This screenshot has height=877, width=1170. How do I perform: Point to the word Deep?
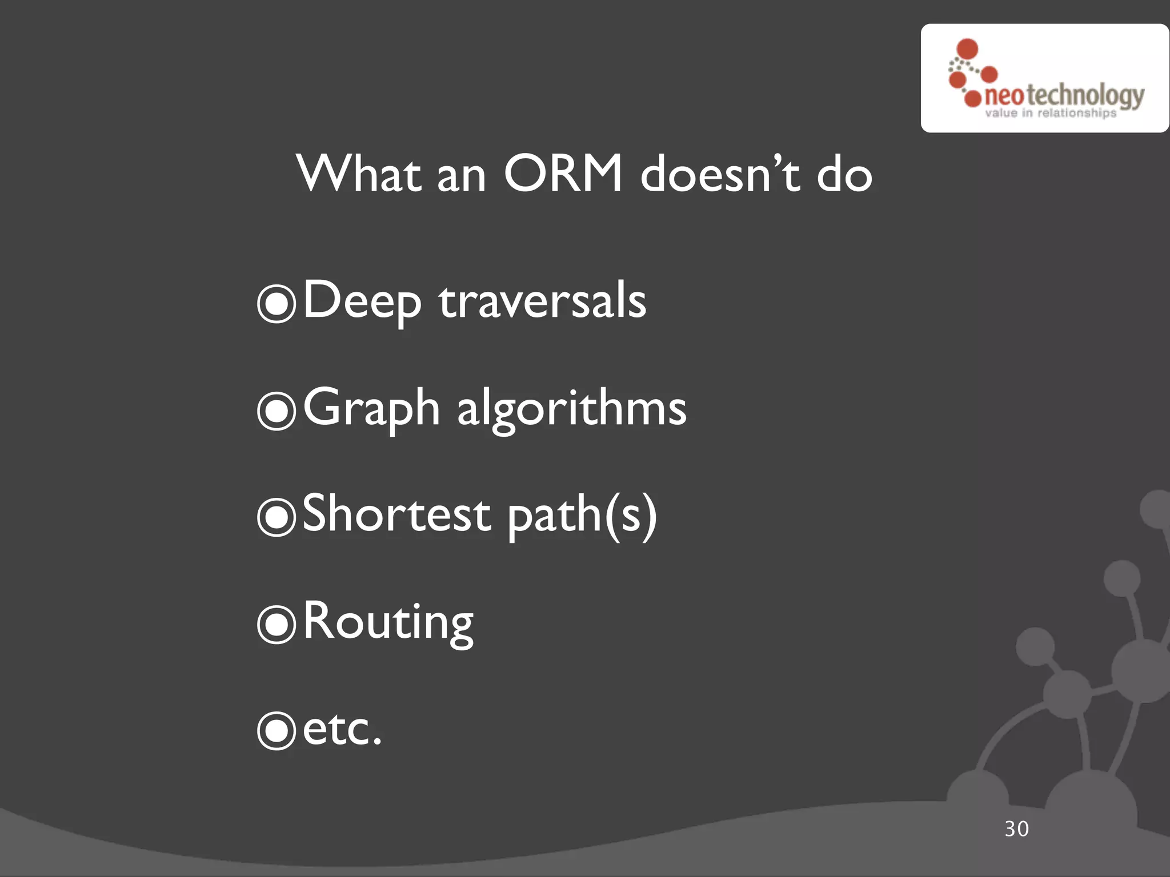[x=362, y=301]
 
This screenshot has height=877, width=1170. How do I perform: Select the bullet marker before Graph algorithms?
[x=277, y=411]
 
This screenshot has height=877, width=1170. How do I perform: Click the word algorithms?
[x=571, y=410]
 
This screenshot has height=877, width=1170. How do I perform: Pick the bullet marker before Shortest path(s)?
[x=277, y=517]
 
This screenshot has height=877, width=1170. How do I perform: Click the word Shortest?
[x=396, y=514]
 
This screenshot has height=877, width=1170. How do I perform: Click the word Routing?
[x=388, y=622]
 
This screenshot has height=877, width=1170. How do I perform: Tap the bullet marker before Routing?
[x=277, y=624]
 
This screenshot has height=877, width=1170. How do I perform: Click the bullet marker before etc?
[x=277, y=730]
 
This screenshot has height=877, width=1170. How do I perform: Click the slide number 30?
[x=1016, y=829]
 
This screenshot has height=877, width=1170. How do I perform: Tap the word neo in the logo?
[x=1004, y=96]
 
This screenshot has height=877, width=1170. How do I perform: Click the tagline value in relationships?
[x=1050, y=113]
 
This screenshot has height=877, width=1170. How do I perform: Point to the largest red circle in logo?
[x=967, y=49]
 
